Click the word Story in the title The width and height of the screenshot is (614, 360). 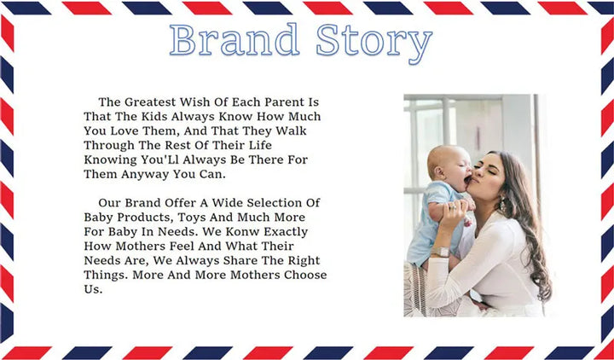coord(374,43)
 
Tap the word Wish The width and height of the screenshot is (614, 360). coord(192,102)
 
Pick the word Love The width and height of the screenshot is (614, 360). coord(125,131)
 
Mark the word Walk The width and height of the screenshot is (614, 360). coord(292,131)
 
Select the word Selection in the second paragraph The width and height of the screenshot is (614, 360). coord(275,203)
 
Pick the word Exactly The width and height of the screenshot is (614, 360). coord(286,232)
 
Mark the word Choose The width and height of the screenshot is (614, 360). coord(305,275)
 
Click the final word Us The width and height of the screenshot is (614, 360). coord(93,289)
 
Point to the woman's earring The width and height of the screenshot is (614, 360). coord(502,204)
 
